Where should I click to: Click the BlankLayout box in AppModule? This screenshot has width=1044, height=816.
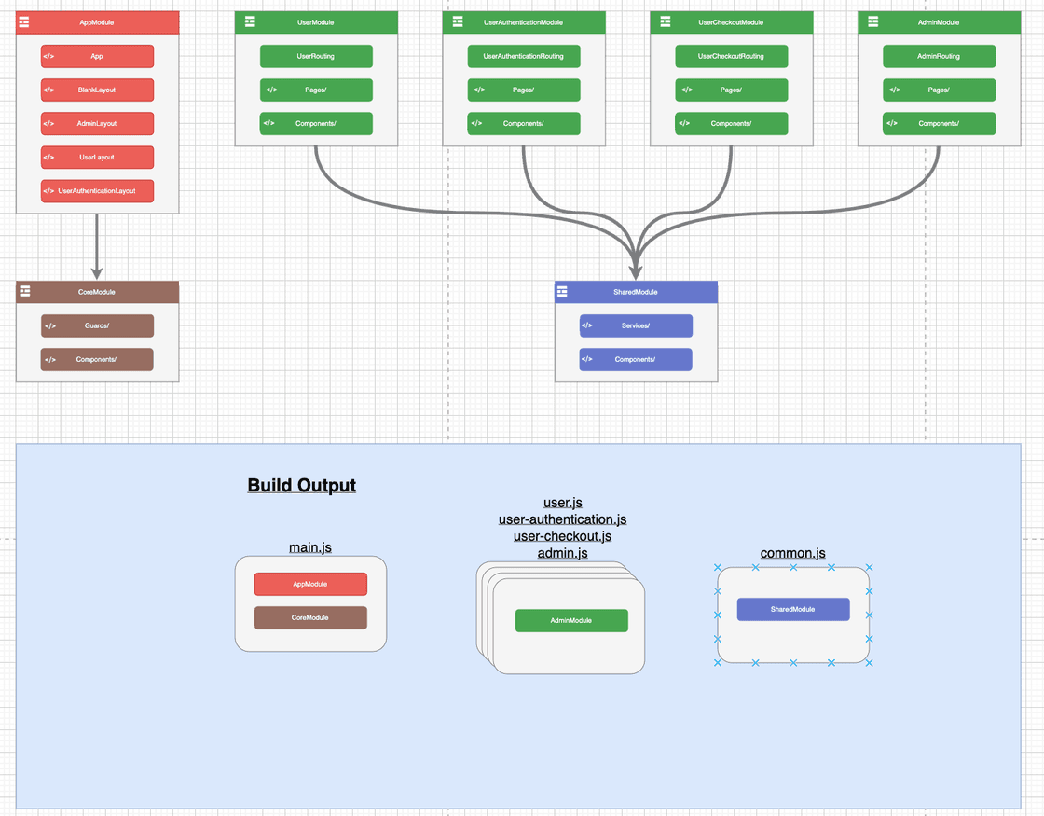(x=97, y=90)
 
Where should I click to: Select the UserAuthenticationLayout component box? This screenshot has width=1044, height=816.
(x=97, y=191)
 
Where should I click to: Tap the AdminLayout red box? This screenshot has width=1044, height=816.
(x=97, y=124)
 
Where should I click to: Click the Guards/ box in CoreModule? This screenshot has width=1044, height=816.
(x=97, y=325)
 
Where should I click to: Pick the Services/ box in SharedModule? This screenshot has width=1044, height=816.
(x=636, y=325)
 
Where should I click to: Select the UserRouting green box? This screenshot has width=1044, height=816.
(x=316, y=56)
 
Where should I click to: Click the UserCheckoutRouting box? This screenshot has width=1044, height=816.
(x=732, y=56)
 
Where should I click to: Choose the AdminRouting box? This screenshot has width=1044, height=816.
(x=939, y=56)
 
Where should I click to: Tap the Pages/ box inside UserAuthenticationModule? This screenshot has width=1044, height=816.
(x=524, y=90)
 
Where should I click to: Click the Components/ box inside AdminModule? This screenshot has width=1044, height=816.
(x=939, y=123)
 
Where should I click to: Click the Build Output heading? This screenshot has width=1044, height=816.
(x=301, y=486)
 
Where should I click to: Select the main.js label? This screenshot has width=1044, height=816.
(x=310, y=547)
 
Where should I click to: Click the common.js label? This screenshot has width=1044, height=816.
(x=792, y=553)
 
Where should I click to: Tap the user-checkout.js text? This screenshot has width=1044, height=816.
(x=562, y=536)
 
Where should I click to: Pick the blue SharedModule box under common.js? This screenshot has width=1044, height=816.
(x=793, y=609)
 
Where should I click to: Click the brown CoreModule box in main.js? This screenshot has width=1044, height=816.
(x=310, y=617)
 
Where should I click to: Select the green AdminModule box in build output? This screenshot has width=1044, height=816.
(x=571, y=620)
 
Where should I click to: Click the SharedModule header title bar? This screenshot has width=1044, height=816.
(x=636, y=292)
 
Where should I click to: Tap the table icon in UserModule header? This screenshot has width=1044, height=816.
(x=250, y=21)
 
